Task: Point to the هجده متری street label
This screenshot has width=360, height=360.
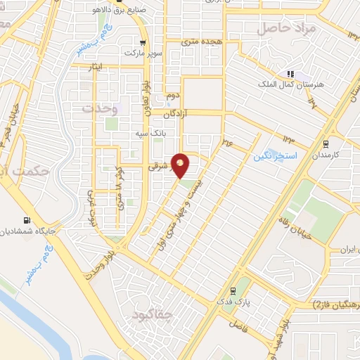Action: pyautogui.click(x=201, y=42)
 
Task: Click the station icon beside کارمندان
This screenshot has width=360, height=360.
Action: pyautogui.click(x=316, y=153)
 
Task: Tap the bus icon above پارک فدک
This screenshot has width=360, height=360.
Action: pyautogui.click(x=233, y=290)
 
